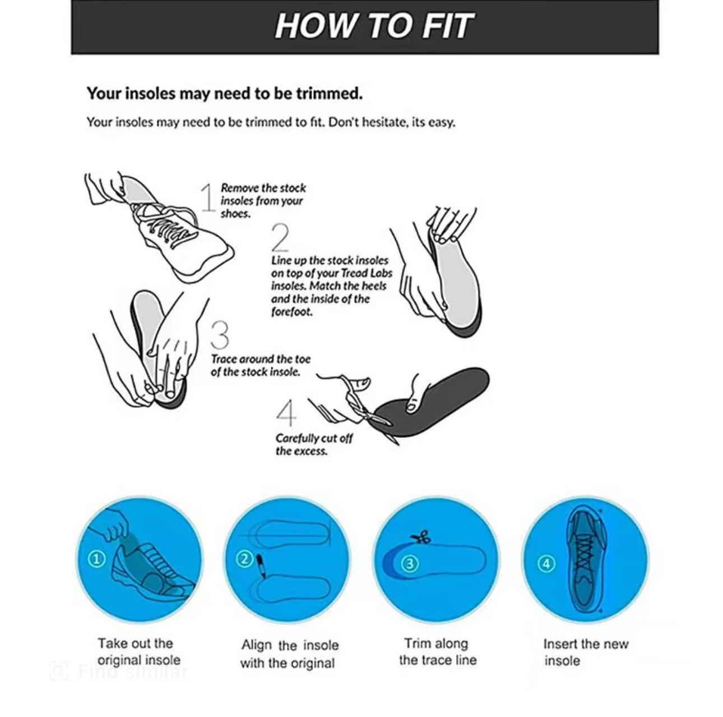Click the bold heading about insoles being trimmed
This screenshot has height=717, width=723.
pyautogui.click(x=224, y=93)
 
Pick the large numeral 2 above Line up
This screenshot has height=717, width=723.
pyautogui.click(x=280, y=237)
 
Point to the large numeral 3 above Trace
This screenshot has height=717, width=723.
pyautogui.click(x=220, y=335)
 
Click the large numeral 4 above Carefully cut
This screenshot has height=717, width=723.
pyautogui.click(x=286, y=414)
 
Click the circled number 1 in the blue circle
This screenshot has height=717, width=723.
pyautogui.click(x=97, y=559)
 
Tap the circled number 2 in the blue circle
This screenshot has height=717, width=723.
pyautogui.click(x=244, y=559)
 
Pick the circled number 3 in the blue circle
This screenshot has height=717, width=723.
pyautogui.click(x=410, y=563)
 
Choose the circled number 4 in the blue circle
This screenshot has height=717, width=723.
pyautogui.click(x=546, y=563)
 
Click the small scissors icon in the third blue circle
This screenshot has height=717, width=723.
pyautogui.click(x=420, y=538)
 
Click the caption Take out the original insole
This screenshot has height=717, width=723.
pyautogui.click(x=138, y=651)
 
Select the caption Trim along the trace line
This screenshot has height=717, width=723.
pyautogui.click(x=437, y=651)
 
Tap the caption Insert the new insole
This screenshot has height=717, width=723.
pyautogui.click(x=585, y=652)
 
